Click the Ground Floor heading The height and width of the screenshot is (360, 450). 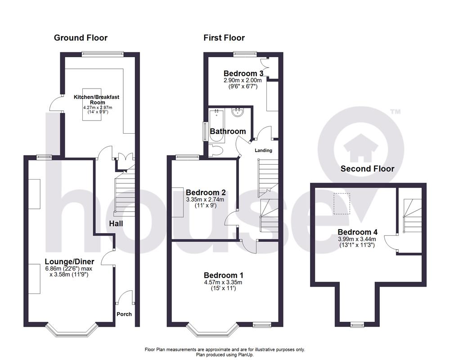[x=81, y=38]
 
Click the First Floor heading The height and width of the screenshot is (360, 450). [x=224, y=38]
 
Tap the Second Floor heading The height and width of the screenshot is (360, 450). [x=367, y=169]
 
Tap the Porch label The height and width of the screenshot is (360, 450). [x=124, y=314]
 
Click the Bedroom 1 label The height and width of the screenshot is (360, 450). [x=224, y=275]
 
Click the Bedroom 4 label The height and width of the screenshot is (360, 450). [x=358, y=232]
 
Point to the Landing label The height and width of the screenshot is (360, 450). [x=263, y=150]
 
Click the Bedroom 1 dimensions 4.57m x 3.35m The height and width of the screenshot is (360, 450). [x=224, y=283]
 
